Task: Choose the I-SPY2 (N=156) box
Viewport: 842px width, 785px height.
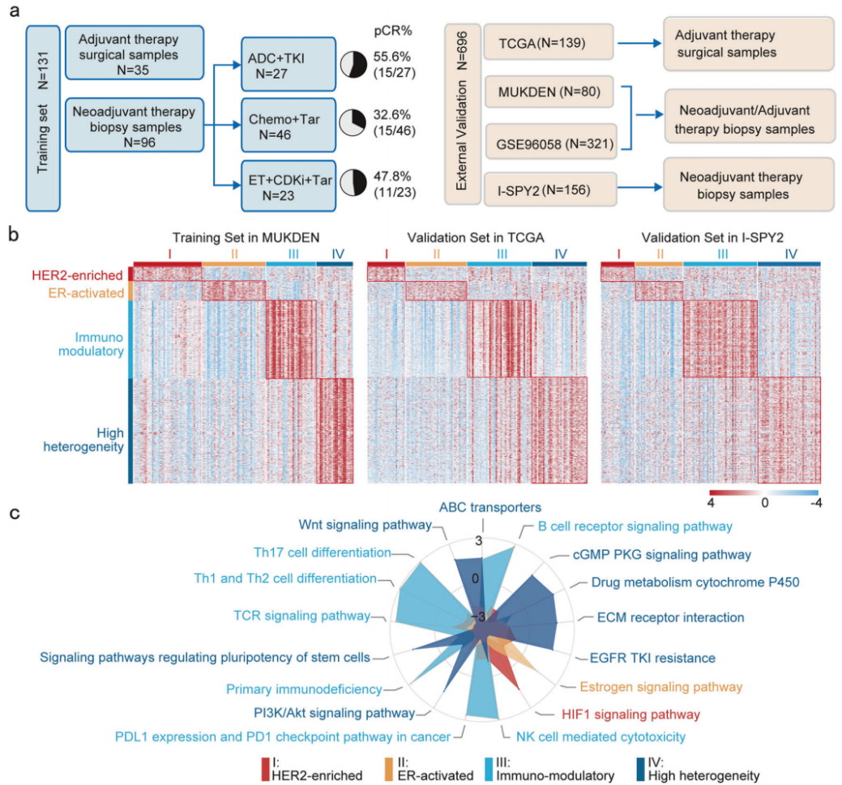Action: (x=545, y=191)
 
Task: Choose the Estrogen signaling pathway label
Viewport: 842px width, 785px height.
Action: (x=660, y=687)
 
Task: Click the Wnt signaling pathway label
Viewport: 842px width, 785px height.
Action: (x=365, y=524)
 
